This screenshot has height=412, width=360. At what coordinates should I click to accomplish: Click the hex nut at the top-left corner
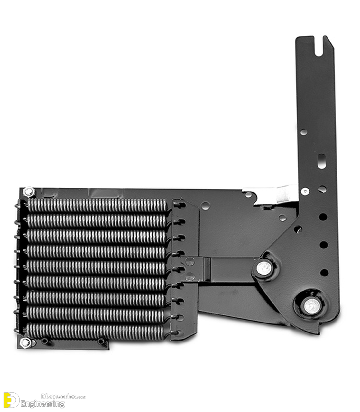click(29, 192)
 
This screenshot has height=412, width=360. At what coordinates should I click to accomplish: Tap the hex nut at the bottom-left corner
click(25, 342)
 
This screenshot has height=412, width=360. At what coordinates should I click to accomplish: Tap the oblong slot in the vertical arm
click(322, 161)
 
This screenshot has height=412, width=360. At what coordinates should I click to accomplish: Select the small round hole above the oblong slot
click(303, 132)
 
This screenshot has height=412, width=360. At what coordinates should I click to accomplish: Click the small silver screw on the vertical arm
click(305, 191)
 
